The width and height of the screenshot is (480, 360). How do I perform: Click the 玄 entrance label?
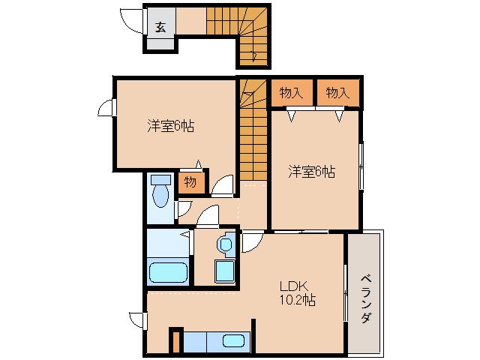pos(160,26)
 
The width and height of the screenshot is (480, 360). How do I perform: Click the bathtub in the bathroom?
pos(168,271)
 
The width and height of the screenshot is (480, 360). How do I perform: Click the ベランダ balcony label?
pos(365,296)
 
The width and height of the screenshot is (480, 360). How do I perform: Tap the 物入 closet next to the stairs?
pos(292,92)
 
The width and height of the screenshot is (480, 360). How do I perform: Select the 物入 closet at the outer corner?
pos(338,92)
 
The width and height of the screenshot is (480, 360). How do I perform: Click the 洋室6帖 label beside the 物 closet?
pos(170,127)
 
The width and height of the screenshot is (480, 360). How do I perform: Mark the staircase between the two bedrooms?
pos(253,131)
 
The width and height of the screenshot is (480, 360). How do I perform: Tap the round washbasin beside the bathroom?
pos(224,244)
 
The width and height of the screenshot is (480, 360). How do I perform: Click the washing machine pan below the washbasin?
pos(224,270)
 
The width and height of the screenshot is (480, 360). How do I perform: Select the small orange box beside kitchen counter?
pos(175,340)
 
